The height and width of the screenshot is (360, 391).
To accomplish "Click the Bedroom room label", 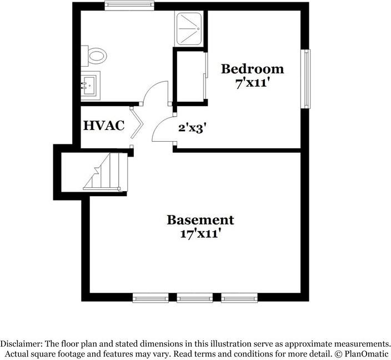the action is click(x=252, y=69).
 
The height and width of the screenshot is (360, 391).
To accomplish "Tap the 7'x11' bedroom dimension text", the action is click(x=252, y=83).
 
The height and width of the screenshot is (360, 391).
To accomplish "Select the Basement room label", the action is click(x=200, y=220).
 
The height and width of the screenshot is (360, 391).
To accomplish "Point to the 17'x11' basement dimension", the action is click(x=200, y=234).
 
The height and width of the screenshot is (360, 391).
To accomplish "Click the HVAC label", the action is click(x=104, y=126).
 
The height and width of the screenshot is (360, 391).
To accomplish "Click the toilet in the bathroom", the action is click(x=94, y=56).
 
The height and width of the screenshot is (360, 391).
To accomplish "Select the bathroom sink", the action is click(x=91, y=86).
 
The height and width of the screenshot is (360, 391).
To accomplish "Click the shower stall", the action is click(x=189, y=29).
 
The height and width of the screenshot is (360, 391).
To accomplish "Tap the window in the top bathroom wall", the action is click(x=129, y=6).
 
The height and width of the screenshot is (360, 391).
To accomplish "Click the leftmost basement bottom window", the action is click(x=151, y=298).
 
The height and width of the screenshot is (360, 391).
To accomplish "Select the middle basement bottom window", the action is click(x=195, y=298).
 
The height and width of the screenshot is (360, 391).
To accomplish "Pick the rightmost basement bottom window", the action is click(x=239, y=298).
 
